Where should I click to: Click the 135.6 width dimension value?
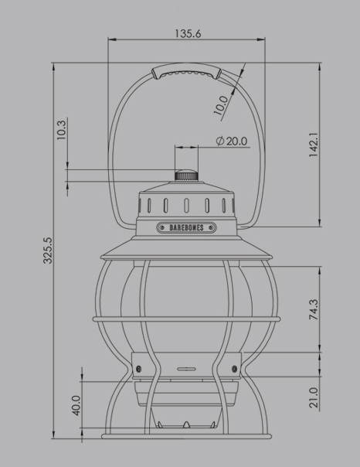188,34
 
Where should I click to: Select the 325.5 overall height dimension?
48,251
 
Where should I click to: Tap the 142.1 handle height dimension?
314,145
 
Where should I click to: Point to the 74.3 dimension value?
314,310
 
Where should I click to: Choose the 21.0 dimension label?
314,397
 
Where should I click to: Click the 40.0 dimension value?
76,405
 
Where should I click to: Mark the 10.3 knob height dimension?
61,130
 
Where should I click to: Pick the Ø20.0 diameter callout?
232,141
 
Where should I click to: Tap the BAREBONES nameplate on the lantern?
186,228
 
